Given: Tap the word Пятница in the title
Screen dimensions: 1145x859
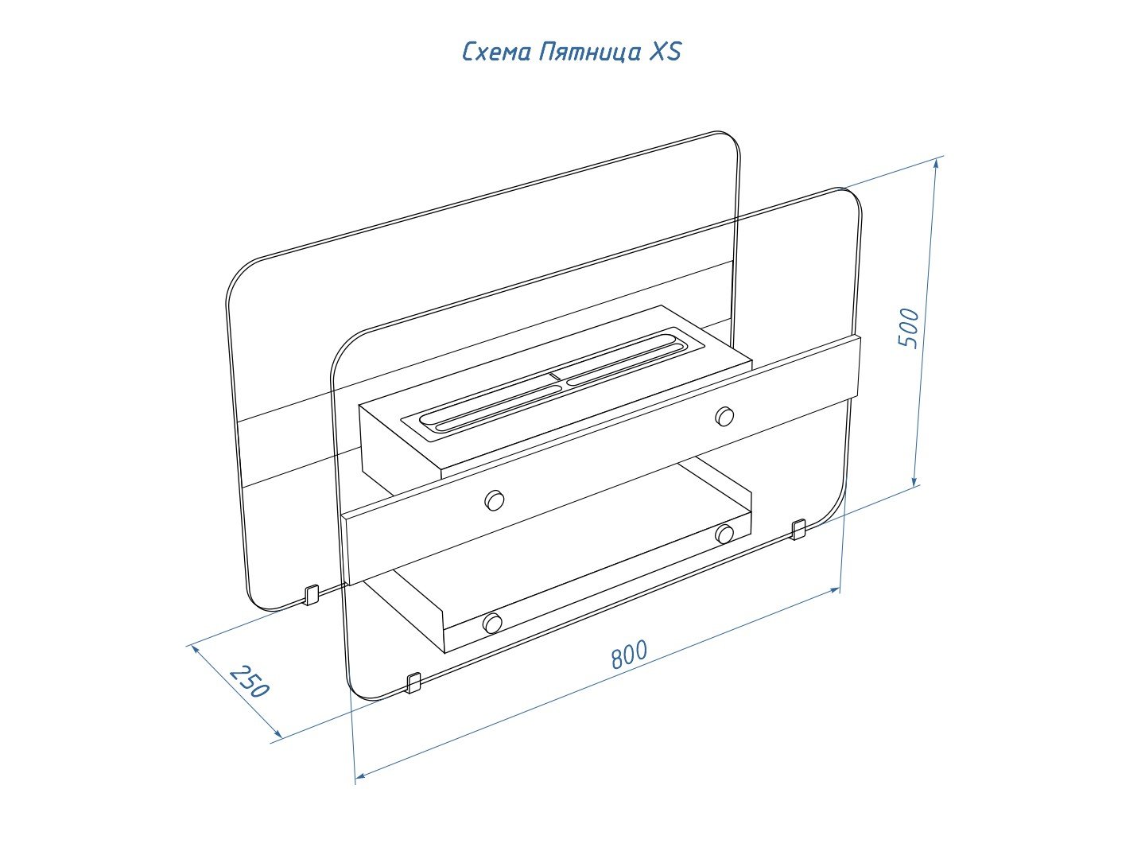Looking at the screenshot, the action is pyautogui.click(x=590, y=52).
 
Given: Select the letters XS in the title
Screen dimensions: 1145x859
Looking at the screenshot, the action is pyautogui.click(x=666, y=51).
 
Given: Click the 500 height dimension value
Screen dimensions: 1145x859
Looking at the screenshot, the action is pyautogui.click(x=908, y=328).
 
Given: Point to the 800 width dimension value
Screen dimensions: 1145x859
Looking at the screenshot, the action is pyautogui.click(x=629, y=654).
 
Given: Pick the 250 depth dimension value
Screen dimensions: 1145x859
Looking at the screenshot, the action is pyautogui.click(x=250, y=681).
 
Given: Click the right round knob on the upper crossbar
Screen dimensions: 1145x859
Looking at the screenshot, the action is pyautogui.click(x=724, y=416).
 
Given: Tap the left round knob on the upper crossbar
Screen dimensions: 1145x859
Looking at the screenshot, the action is pyautogui.click(x=494, y=500).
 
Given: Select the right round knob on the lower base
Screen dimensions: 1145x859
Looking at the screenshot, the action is pyautogui.click(x=724, y=534).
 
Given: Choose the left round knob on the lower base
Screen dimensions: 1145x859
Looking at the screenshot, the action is pyautogui.click(x=492, y=624).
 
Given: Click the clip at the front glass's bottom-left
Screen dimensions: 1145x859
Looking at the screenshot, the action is pyautogui.click(x=413, y=683).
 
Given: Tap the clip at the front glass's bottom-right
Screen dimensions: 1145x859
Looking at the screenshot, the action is pyautogui.click(x=798, y=530).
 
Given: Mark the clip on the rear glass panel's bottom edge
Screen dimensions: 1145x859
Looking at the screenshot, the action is pyautogui.click(x=311, y=595).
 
